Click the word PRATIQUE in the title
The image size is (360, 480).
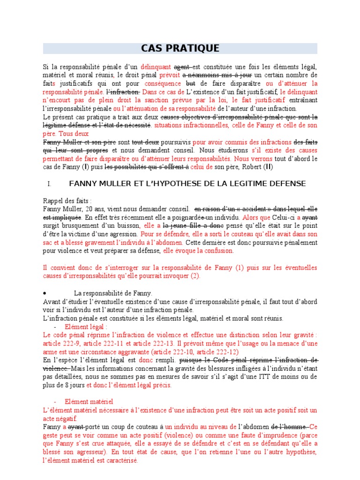click(195, 49)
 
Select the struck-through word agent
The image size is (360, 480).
click(182, 67)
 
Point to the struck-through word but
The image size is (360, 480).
click(191, 83)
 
